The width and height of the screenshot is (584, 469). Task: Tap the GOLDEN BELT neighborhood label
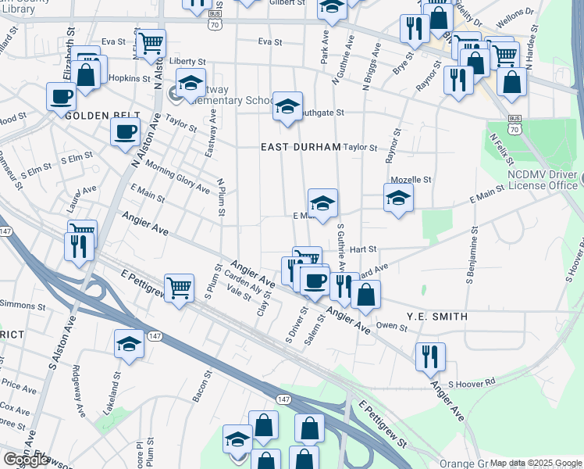tap(96, 116)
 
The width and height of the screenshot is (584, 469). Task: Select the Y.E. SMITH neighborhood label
tap(436, 317)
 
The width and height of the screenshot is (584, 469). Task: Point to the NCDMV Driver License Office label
tap(542, 180)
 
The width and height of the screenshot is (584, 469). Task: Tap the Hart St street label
tap(363, 249)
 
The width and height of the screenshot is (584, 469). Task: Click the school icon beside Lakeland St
tap(130, 344)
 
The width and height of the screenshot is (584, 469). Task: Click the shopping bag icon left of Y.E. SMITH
tap(365, 295)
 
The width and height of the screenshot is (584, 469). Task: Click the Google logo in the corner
tap(26, 460)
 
